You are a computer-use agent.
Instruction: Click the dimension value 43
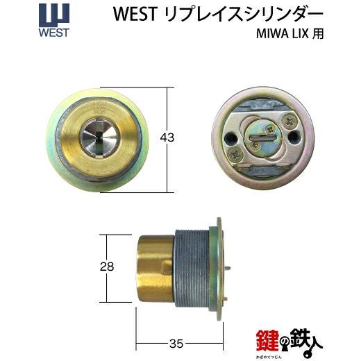point(167,137)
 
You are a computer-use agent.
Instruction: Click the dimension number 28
point(107,267)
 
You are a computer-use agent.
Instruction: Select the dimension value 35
point(176,344)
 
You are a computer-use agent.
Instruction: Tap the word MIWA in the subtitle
point(272,34)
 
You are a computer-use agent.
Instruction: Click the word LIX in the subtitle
point(300,34)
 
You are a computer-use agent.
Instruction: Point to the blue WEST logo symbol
point(54,15)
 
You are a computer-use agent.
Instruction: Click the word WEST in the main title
point(135,14)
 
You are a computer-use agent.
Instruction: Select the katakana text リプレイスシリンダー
point(243,14)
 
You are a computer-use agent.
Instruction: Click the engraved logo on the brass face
point(100,108)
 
